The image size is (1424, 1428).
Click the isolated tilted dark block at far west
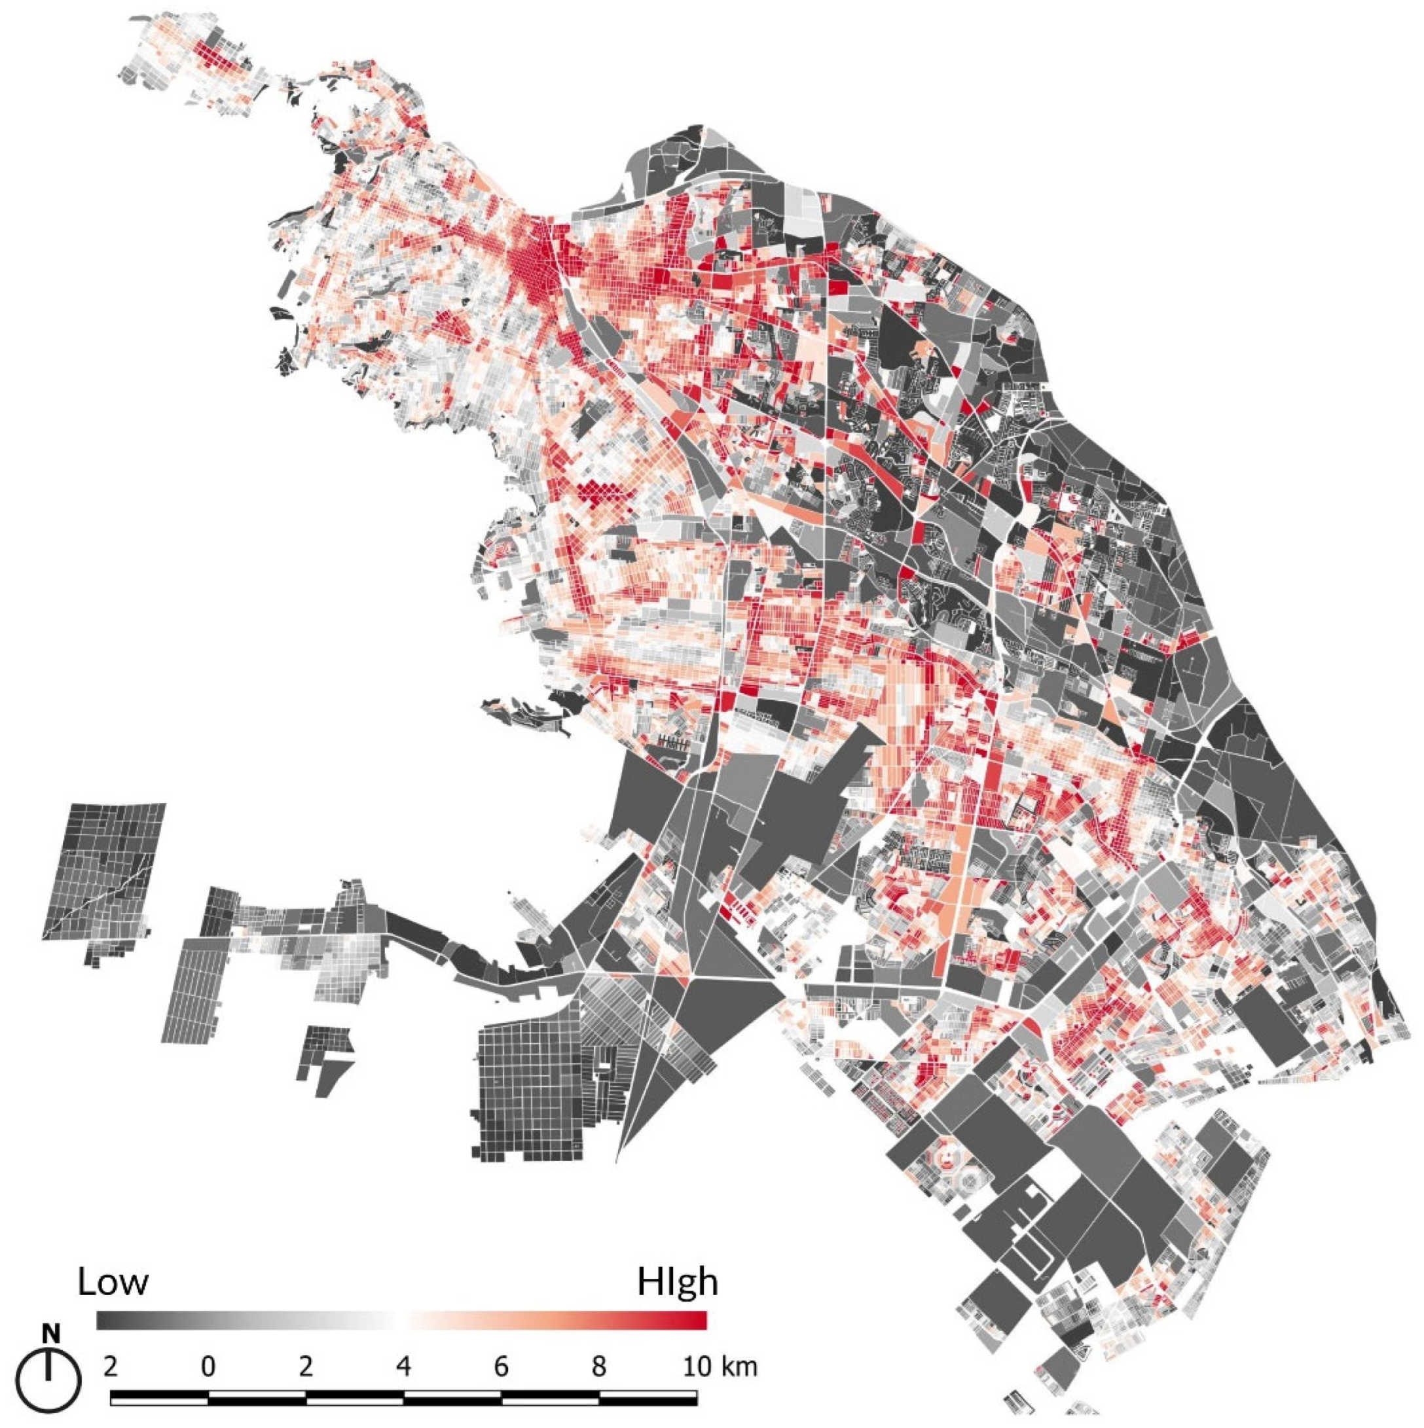103,872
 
